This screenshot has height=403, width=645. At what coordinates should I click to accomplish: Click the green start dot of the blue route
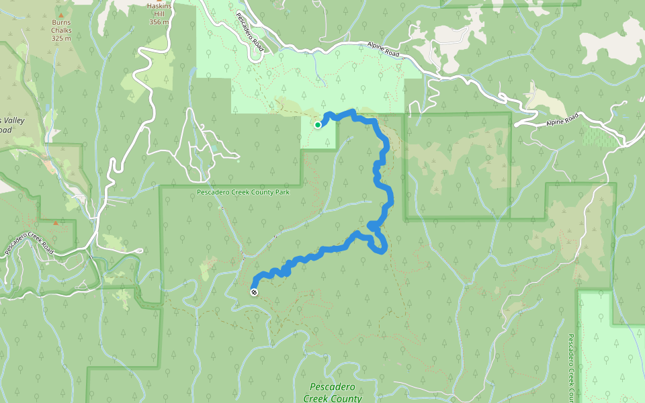[318, 124]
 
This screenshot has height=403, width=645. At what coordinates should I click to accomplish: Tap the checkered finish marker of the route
[254, 292]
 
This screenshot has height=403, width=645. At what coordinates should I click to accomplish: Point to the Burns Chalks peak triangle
[62, 14]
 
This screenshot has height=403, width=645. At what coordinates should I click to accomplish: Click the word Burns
[61, 22]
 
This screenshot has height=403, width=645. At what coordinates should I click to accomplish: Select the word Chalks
[61, 30]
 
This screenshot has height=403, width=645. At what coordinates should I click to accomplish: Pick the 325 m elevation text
[61, 38]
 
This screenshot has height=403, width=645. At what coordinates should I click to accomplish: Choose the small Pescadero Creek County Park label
[243, 193]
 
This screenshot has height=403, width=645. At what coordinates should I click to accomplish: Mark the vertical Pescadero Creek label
[570, 366]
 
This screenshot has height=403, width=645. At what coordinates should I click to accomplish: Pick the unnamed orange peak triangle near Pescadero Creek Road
[56, 222]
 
